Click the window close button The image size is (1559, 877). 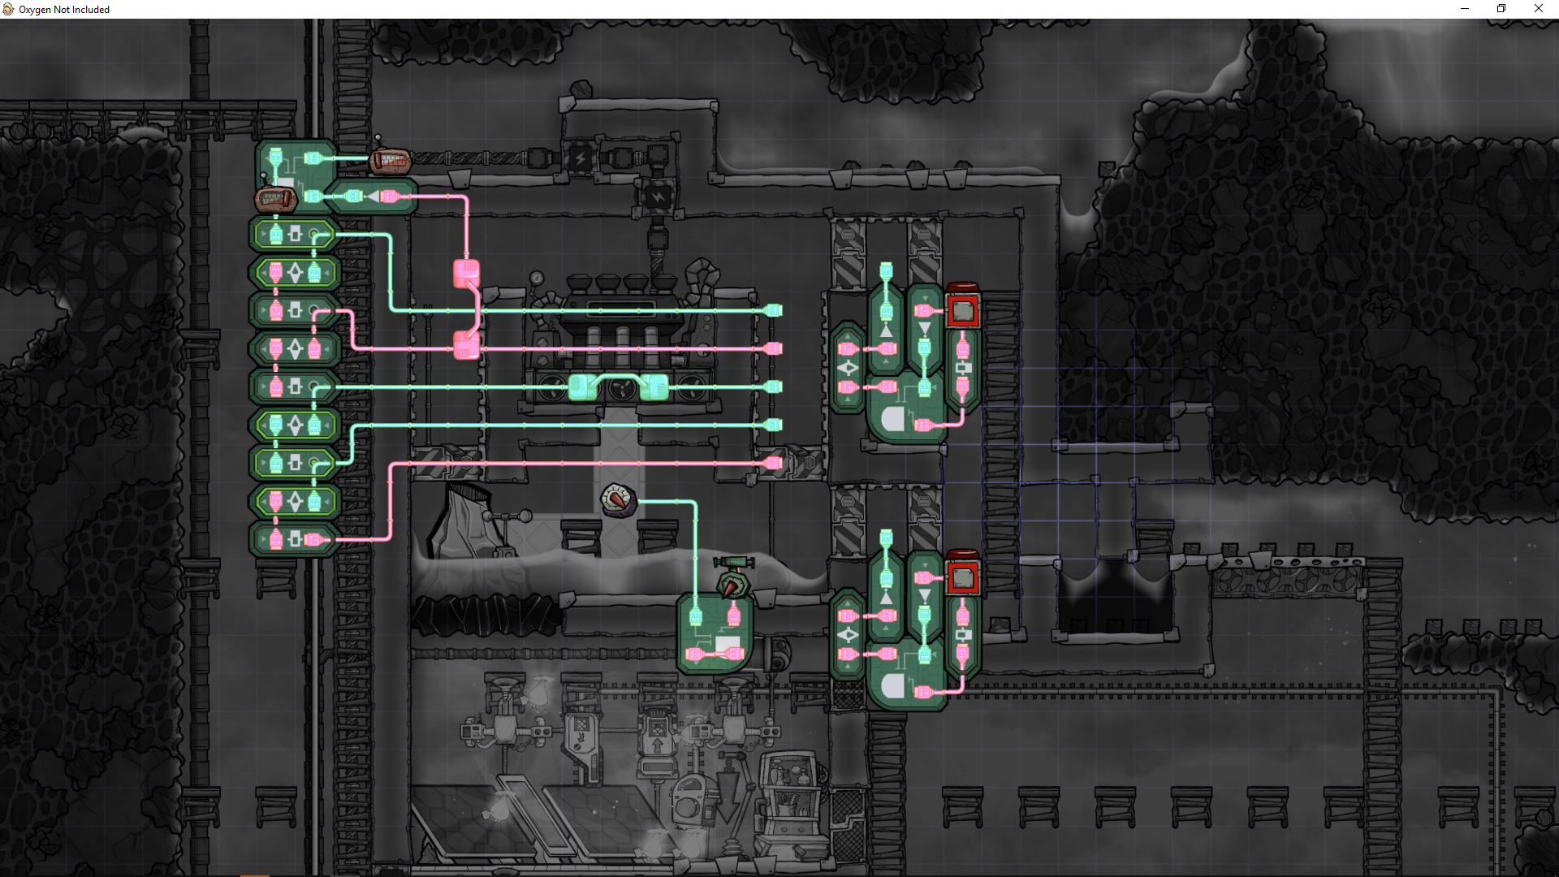point(1538,9)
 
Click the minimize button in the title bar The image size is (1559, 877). point(1465,9)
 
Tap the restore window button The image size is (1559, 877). point(1501,9)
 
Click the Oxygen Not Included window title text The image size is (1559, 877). point(64,10)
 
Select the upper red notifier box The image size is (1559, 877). point(962,309)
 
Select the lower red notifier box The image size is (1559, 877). point(962,577)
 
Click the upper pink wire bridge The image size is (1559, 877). point(466,273)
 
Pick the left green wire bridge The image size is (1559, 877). point(581,387)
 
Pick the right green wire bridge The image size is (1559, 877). point(654,387)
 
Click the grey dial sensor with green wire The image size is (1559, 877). point(618,499)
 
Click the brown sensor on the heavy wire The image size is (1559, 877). point(391,161)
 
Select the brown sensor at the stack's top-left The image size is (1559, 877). point(274,198)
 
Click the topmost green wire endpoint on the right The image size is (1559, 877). point(774,310)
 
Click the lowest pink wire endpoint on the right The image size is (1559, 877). point(774,463)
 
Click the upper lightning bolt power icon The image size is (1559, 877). point(580,158)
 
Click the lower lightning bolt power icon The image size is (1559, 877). point(658,197)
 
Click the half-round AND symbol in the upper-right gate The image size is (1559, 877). point(893,420)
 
